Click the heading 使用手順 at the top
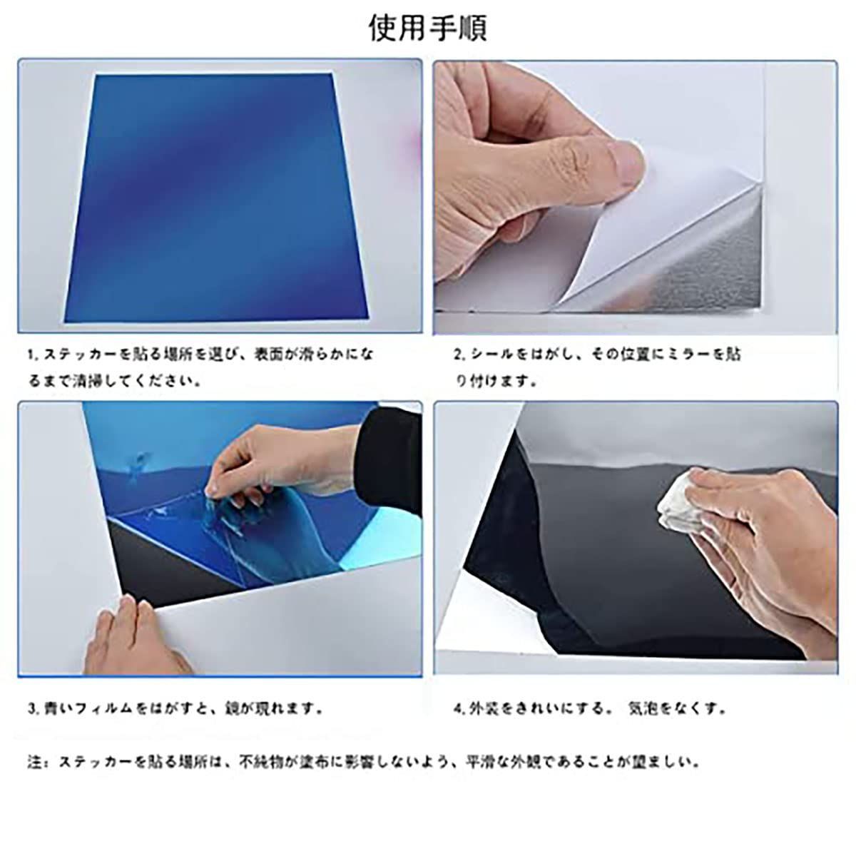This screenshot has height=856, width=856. coord(428,28)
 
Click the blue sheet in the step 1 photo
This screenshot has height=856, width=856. coord(216,198)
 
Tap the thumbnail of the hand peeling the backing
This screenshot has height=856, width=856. coord(636,197)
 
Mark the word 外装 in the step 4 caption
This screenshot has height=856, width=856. coord(484,708)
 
